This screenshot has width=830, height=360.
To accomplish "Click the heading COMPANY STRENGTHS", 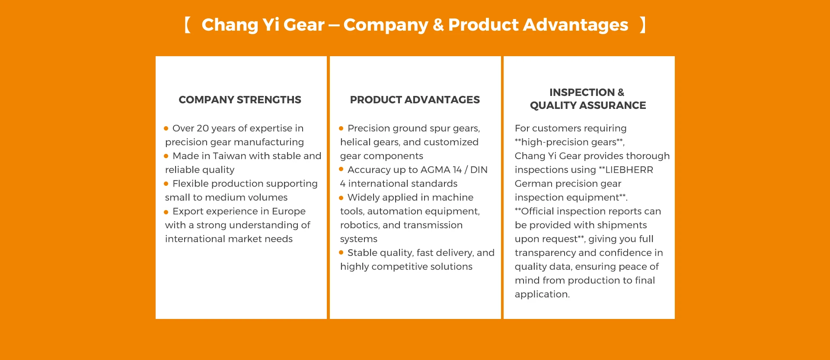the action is tap(240, 100).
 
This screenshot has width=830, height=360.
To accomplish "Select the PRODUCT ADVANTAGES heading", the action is tap(415, 100).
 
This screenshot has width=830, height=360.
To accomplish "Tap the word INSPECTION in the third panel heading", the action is tap(582, 92).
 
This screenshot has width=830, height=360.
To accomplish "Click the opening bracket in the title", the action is tap(188, 25).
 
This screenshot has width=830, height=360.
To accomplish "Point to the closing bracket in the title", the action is tap(643, 25).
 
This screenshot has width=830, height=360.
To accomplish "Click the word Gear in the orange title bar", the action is tap(304, 25).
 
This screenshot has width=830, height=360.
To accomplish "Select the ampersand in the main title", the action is tap(438, 25).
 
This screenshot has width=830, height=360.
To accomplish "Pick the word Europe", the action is tap(289, 212).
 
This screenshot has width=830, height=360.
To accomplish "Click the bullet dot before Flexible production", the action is tap(166, 184).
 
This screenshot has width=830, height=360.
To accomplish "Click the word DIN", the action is tap(479, 170).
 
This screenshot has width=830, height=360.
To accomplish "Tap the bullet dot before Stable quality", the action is tap(341, 253).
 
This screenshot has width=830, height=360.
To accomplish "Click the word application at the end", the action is tap(542, 295).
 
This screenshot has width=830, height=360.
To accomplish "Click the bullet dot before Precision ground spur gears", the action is tap(341, 128).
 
